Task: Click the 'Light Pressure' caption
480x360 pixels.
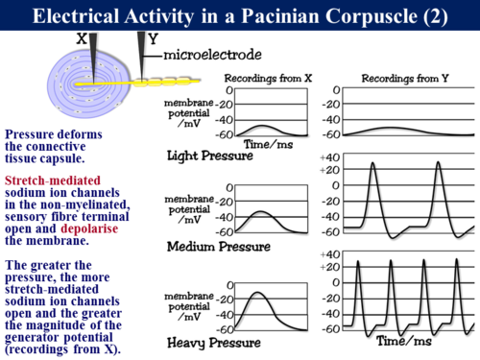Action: tap(210, 156)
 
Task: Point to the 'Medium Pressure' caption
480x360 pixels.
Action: tap(219, 247)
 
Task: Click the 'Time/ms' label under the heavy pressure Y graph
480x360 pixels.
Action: tap(402, 342)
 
